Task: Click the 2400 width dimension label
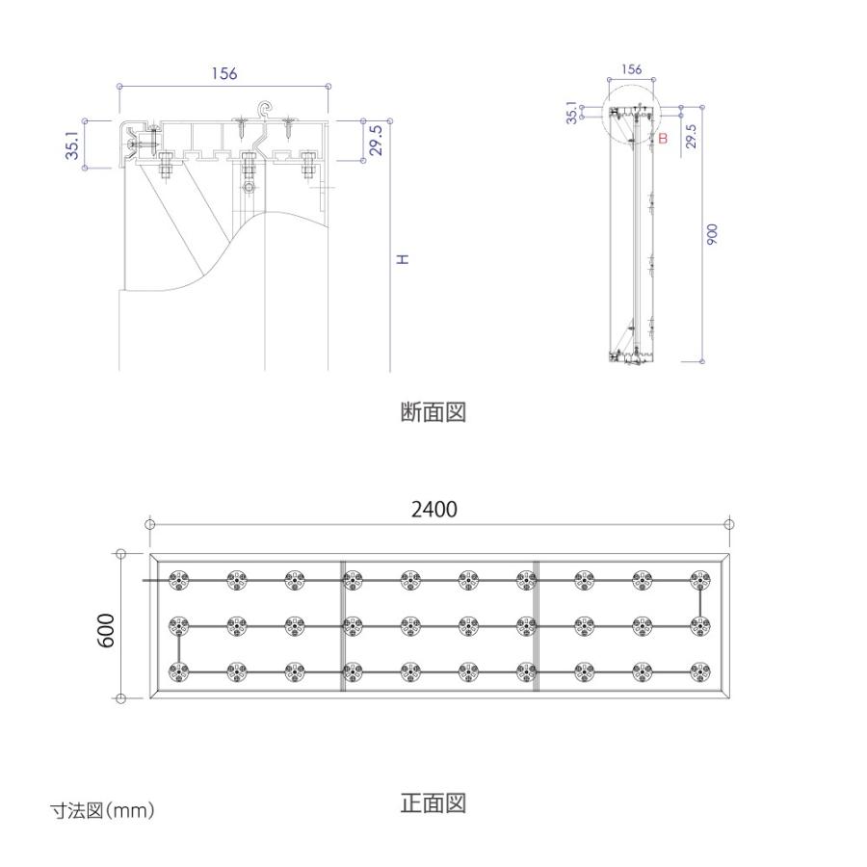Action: point(434,510)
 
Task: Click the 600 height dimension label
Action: point(105,630)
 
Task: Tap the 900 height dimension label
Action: point(712,234)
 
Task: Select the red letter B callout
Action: point(663,138)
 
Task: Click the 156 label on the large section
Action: point(223,73)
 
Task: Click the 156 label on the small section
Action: point(631,69)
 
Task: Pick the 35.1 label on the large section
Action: point(73,142)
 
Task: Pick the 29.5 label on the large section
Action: point(376,140)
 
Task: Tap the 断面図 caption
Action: point(433,412)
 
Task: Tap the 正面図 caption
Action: point(433,802)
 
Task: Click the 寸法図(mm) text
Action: point(102,811)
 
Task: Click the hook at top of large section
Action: point(266,110)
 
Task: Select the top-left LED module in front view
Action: point(178,581)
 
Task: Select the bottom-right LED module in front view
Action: point(700,672)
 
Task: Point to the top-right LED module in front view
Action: point(700,581)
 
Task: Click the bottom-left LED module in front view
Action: point(178,672)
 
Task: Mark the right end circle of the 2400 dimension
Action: point(729,524)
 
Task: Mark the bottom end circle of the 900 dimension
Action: point(702,361)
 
